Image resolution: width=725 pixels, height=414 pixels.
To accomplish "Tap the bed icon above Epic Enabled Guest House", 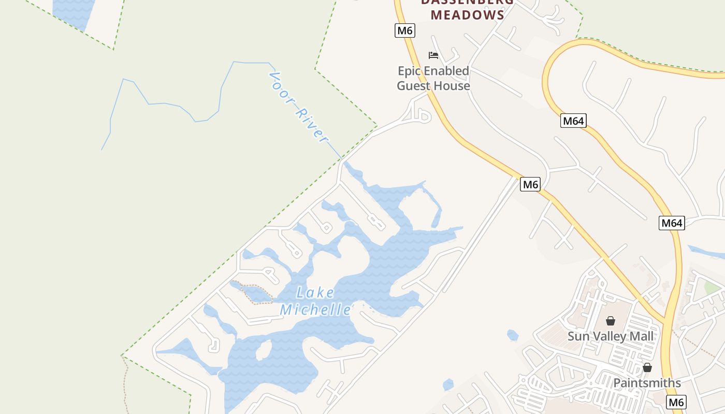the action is [433, 55].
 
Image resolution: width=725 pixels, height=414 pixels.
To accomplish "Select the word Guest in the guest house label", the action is [415, 85].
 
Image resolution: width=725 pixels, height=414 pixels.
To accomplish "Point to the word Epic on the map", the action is [410, 71].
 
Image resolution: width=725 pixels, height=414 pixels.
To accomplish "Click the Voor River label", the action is [299, 108].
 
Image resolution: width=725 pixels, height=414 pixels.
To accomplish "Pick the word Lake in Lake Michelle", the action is [315, 293].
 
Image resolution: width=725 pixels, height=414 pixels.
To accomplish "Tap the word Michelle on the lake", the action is [315, 310].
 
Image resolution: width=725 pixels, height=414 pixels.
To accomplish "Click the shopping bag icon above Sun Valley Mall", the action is [611, 321].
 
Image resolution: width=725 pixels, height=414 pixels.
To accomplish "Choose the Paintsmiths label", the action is [647, 383].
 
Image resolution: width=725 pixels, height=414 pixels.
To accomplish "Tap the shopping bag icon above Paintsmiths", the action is [647, 367].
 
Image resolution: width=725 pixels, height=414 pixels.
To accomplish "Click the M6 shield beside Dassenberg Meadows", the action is [404, 31].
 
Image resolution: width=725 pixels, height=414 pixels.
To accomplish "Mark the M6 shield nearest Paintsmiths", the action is [676, 402].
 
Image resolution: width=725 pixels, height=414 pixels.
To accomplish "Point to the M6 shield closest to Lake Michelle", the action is [530, 184].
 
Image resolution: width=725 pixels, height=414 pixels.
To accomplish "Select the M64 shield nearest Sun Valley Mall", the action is [672, 223].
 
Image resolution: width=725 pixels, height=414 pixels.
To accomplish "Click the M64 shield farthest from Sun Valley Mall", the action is [573, 121].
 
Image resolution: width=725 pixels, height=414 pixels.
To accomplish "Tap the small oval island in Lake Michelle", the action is [264, 349].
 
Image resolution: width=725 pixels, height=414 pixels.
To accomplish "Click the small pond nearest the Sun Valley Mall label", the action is [513, 335].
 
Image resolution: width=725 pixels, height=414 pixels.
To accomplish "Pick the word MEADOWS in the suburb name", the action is [468, 15].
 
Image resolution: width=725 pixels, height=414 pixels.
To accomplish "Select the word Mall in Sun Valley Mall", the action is [641, 336].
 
